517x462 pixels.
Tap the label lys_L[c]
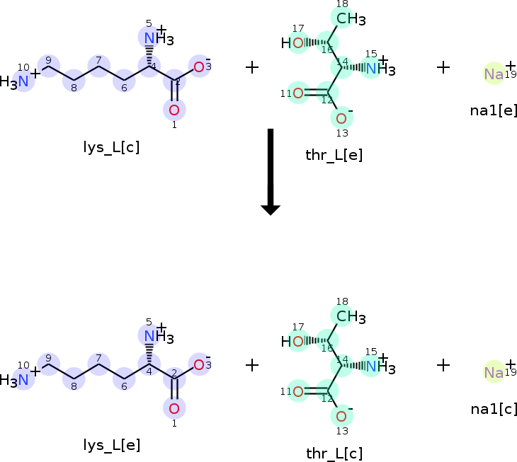(111, 146)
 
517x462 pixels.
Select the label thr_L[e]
(334, 155)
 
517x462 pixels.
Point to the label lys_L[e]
(111, 445)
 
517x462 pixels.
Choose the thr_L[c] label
(334, 454)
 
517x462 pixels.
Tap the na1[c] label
(494, 408)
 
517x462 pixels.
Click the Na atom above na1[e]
(494, 74)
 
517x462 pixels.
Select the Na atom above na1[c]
(494, 372)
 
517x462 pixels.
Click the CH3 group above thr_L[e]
(350, 18)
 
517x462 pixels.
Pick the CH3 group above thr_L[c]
(350, 316)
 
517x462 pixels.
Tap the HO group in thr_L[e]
(294, 43)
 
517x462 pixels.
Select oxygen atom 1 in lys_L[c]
(174, 110)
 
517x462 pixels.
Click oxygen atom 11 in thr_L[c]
(298, 391)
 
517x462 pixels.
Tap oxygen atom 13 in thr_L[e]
(341, 117)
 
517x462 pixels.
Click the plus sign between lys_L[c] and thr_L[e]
(252, 67)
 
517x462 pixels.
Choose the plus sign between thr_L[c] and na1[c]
(443, 365)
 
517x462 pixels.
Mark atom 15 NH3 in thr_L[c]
(380, 366)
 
